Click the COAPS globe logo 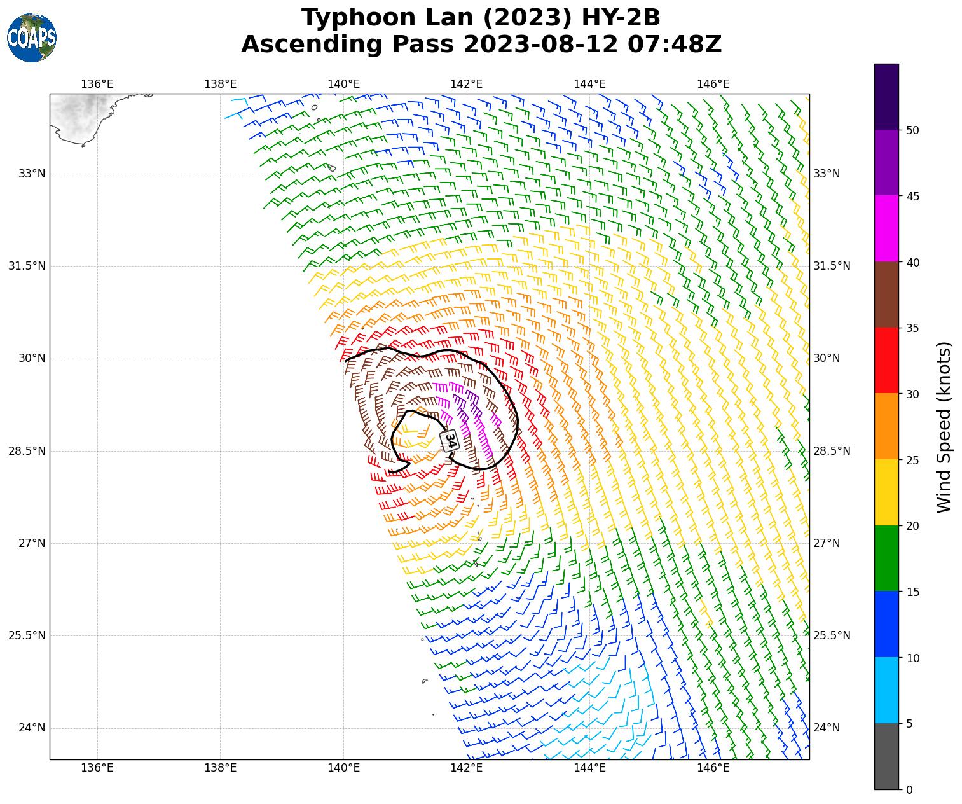32,38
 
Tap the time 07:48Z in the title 675,45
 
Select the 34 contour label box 449,440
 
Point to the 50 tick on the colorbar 912,130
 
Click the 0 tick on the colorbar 909,789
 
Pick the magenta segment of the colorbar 886,228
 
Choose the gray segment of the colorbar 886,756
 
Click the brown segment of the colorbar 886,295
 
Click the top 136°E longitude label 97,84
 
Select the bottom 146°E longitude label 713,768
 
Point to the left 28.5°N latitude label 27,451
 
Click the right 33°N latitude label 827,174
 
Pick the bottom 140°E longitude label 343,768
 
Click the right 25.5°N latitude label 832,635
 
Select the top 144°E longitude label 589,84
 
